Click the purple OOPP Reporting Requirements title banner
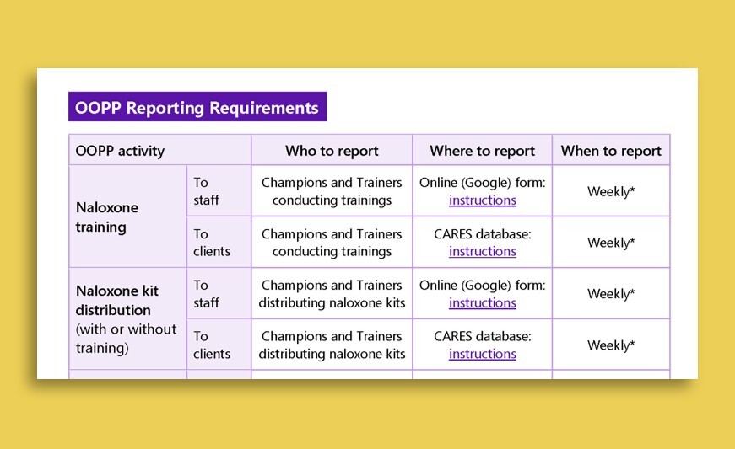click(197, 107)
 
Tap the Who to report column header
click(332, 151)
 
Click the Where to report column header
click(483, 151)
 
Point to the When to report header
click(611, 151)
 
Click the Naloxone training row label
click(107, 217)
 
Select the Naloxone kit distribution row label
click(117, 300)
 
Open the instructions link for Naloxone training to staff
click(483, 200)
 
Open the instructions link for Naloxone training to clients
click(483, 252)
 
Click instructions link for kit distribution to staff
click(483, 303)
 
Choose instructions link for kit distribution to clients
click(483, 354)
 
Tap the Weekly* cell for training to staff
click(611, 191)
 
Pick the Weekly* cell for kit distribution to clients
click(611, 345)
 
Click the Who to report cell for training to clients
click(332, 243)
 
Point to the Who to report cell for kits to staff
click(332, 294)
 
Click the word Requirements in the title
click(264, 108)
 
